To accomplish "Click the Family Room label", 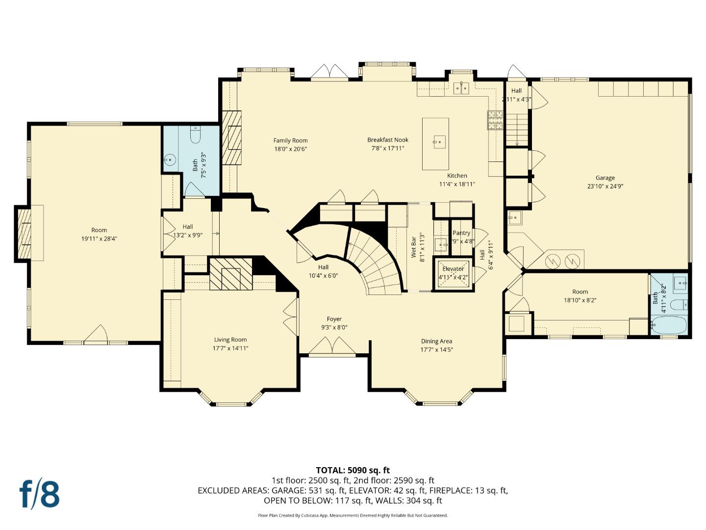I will coord(290,140).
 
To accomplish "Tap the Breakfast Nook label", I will coord(387,140).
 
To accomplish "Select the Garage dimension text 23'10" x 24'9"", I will coord(605,186).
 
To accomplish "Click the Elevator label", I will coord(453,269).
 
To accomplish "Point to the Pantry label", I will coord(461,233).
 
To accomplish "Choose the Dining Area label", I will coord(436,341).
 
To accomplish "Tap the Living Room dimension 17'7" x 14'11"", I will coord(230,348).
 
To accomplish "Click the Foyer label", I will coord(334,319).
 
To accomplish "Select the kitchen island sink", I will coord(439,142).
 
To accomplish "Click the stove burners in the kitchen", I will coord(495,120).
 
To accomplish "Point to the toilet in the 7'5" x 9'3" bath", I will coord(195,135).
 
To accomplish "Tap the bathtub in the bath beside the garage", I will coord(669,325).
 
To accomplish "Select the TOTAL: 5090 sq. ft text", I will coord(353,470).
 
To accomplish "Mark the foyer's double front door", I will coord(332,346).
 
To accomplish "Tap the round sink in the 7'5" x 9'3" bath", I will coord(170,160).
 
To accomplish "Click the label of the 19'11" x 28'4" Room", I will coord(99,230).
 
